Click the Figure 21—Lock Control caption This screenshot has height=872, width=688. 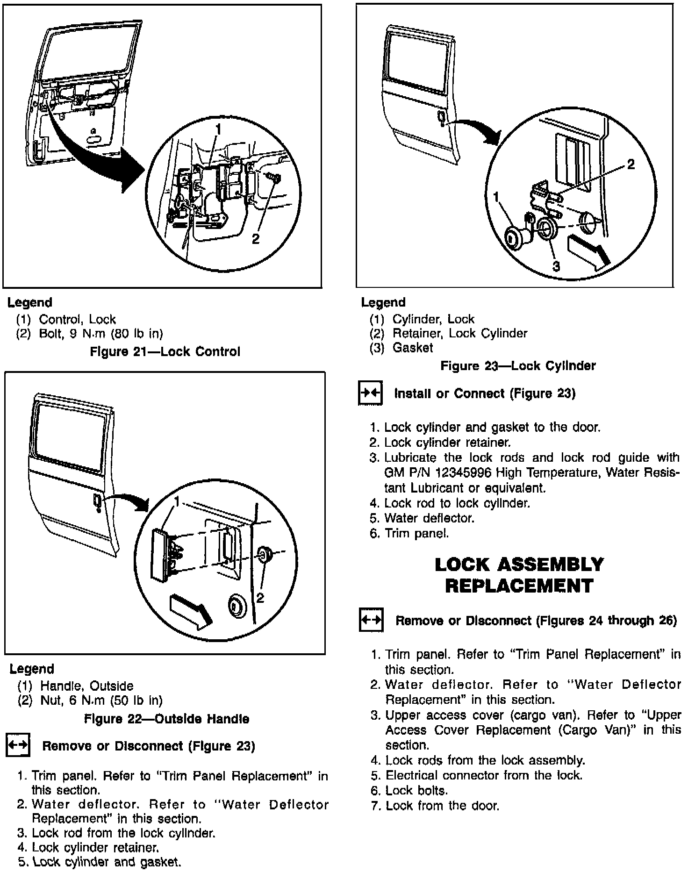(x=165, y=351)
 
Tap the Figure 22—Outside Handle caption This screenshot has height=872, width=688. (x=166, y=718)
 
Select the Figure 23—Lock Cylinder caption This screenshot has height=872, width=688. (x=518, y=365)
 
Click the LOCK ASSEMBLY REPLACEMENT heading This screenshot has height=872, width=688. (x=519, y=575)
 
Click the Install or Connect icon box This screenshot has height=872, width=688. (x=370, y=393)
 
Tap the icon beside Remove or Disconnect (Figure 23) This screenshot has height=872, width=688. (x=18, y=745)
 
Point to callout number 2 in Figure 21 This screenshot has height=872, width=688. (x=255, y=239)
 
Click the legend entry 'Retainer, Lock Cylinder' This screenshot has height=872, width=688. (x=459, y=333)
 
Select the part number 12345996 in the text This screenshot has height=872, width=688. (x=463, y=472)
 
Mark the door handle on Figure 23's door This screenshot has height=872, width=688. (x=441, y=118)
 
